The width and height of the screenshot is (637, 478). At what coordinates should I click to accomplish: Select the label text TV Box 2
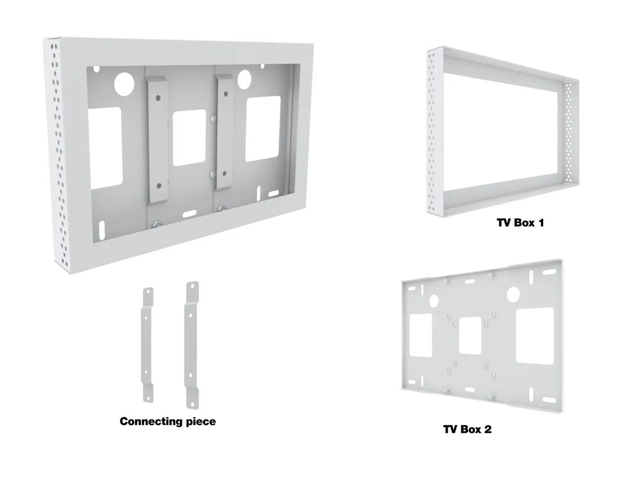coord(467,429)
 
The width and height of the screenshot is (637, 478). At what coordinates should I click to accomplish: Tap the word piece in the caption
coord(201,421)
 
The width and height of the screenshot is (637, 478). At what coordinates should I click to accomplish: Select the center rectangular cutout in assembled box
coord(189,137)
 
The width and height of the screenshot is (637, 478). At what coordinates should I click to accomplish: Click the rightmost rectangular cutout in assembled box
coord(262,129)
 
